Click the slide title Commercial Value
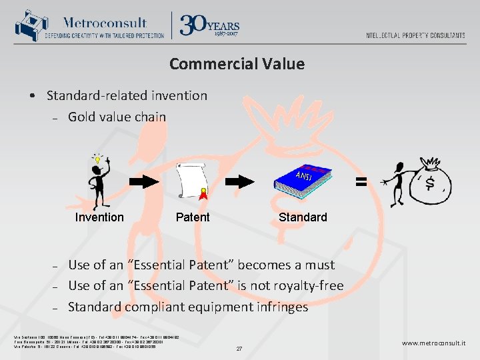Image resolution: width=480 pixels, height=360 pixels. click(237, 64)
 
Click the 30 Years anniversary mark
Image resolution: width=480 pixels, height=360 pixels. click(209, 25)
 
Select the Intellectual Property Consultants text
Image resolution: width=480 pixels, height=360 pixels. click(415, 35)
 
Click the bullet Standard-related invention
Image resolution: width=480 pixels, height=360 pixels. click(127, 95)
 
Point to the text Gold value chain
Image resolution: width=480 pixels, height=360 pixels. click(117, 117)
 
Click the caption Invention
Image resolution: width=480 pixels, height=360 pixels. click(99, 217)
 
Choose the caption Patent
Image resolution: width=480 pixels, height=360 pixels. click(193, 217)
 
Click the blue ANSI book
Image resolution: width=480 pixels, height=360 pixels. click(303, 181)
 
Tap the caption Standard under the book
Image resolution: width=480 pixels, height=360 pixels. click(303, 217)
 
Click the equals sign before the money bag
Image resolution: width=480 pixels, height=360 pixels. click(361, 181)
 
